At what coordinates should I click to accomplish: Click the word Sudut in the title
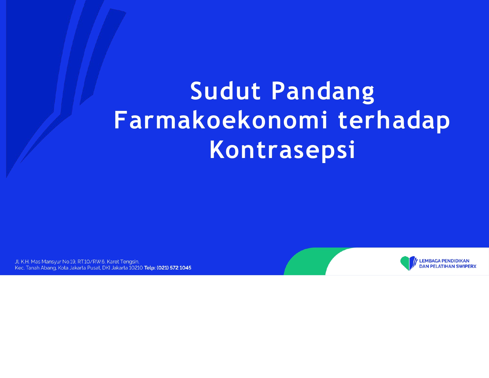(x=225, y=91)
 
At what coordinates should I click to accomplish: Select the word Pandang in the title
(x=323, y=92)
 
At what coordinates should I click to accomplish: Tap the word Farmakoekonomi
(x=220, y=120)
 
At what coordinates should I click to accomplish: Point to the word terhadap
(x=394, y=122)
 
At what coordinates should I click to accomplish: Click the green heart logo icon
(x=409, y=263)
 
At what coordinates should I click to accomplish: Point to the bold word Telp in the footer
(x=150, y=268)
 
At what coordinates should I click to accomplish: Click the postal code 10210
(x=136, y=268)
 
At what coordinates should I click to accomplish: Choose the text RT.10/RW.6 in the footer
(x=91, y=262)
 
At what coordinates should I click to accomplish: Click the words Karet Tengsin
(x=123, y=262)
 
